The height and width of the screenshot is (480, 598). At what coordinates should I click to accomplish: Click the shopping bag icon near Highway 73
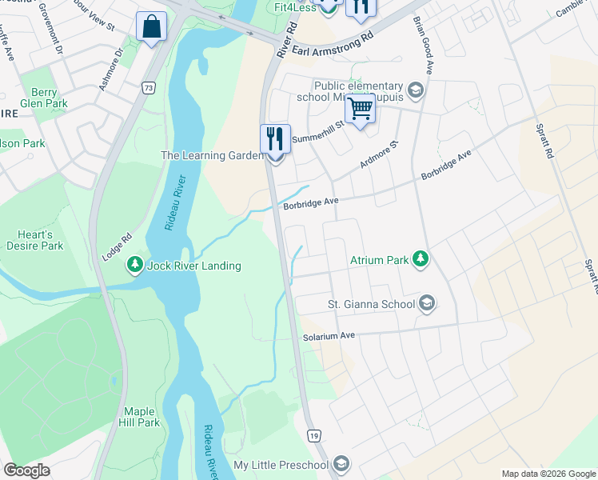(151, 28)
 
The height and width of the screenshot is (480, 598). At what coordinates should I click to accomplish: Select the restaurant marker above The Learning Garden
(275, 139)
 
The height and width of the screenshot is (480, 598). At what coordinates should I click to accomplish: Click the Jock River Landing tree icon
(137, 265)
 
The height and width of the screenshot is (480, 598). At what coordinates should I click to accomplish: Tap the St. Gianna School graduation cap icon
(427, 303)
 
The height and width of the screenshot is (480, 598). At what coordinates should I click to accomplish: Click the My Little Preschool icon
(341, 465)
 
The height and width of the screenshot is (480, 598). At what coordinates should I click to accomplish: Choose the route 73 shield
(148, 87)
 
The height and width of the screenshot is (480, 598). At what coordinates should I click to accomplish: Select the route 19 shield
(314, 435)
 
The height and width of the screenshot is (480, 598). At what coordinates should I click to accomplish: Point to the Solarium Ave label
(329, 337)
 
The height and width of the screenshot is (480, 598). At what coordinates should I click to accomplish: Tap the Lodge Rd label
(116, 246)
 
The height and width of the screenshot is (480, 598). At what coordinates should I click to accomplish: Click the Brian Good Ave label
(423, 46)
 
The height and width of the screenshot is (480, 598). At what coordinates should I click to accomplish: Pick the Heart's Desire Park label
(40, 240)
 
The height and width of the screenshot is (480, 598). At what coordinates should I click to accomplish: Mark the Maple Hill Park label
(138, 417)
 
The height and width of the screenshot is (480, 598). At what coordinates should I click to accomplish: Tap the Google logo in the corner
(26, 470)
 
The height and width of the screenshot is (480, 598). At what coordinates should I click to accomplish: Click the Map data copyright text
(548, 474)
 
